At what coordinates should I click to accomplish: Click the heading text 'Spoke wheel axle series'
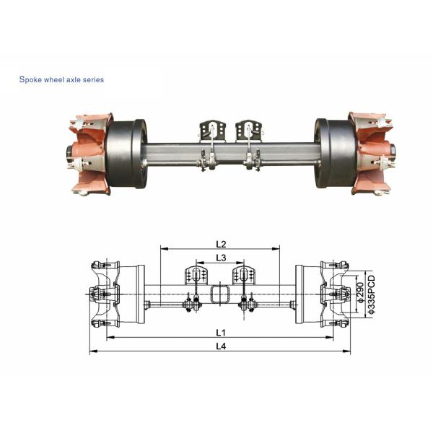61,79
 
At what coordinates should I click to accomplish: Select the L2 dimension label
222,244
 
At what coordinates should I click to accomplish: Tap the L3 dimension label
221,258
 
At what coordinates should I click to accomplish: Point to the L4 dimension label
219,347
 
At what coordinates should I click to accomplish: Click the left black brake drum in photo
129,153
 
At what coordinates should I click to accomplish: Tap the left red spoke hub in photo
90,153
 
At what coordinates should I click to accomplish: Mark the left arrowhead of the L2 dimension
162,249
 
